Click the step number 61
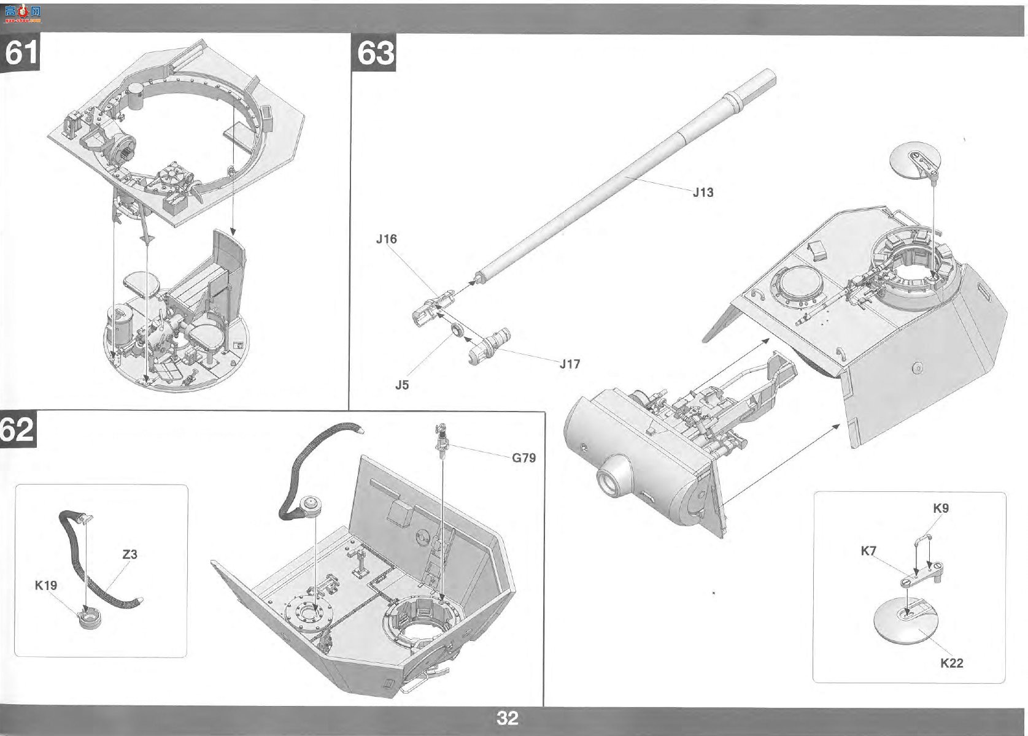(x=21, y=53)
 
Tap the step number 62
(x=17, y=430)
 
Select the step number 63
(x=376, y=53)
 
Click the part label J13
(x=703, y=192)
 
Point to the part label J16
(x=387, y=239)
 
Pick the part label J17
(x=570, y=364)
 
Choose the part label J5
(x=402, y=385)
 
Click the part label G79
(x=524, y=458)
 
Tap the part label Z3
(x=130, y=554)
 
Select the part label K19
(x=46, y=586)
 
